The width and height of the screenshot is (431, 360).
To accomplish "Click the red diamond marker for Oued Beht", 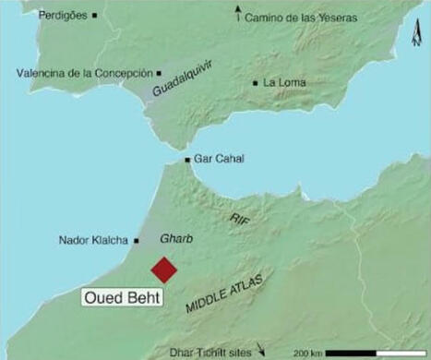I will coord(164,270).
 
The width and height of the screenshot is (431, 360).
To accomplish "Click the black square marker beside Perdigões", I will coord(95,16).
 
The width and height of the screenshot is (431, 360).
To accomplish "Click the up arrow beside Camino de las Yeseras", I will coord(239,12).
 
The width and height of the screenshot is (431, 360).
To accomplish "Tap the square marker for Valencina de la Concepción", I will coord(160,71).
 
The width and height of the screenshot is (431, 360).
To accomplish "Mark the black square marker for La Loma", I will coord(256,82).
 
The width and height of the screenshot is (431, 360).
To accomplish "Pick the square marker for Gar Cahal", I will coord(188,160).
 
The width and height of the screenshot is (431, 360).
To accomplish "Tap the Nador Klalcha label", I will coord(93,241).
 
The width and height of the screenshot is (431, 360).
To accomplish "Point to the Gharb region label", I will coord(176,238).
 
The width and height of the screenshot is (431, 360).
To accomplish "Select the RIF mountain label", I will coord(239,217).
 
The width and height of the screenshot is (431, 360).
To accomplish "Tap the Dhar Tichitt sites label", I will coord(212,351).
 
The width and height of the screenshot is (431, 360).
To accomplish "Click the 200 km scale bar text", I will coord(308,354).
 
